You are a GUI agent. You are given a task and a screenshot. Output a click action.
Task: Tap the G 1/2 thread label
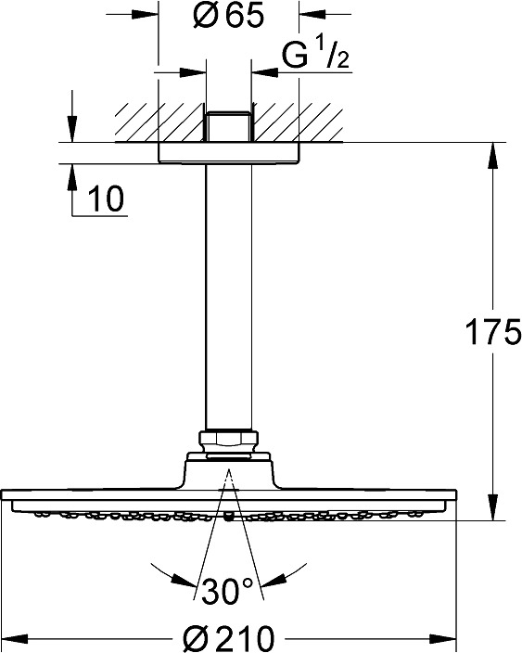tap(315, 55)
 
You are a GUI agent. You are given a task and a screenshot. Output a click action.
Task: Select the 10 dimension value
tap(106, 198)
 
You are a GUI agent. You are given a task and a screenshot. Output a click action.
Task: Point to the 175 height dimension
tap(493, 331)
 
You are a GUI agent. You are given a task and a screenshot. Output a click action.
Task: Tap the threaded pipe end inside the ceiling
tap(228, 126)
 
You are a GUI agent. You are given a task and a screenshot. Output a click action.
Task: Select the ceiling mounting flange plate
tap(228, 153)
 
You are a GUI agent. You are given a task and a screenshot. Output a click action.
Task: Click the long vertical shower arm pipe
tap(228, 298)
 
